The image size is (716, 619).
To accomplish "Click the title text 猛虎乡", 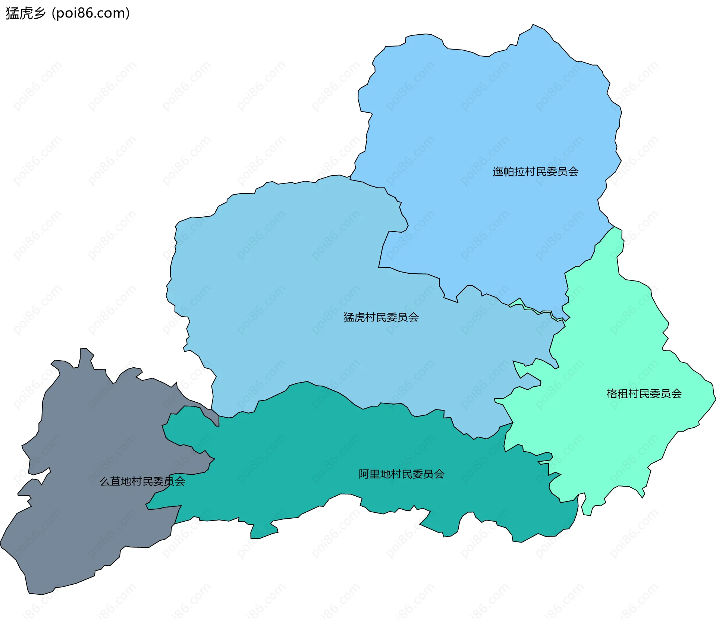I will click(25, 13).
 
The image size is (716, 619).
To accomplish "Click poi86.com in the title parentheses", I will click(91, 13).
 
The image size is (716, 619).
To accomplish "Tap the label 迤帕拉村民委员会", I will click(535, 172).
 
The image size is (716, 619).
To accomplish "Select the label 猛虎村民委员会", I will click(381, 317).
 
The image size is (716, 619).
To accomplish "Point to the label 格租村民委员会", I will click(644, 394).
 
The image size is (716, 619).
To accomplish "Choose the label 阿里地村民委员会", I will click(401, 474).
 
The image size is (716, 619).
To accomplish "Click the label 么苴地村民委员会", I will click(142, 481).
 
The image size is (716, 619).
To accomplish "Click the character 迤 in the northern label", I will click(497, 172).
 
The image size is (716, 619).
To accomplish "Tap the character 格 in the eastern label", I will click(612, 394).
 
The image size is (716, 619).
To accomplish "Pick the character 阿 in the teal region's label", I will click(364, 474).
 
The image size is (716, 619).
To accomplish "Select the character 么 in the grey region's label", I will click(104, 481).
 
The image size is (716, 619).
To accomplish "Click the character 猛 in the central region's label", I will click(349, 317).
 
